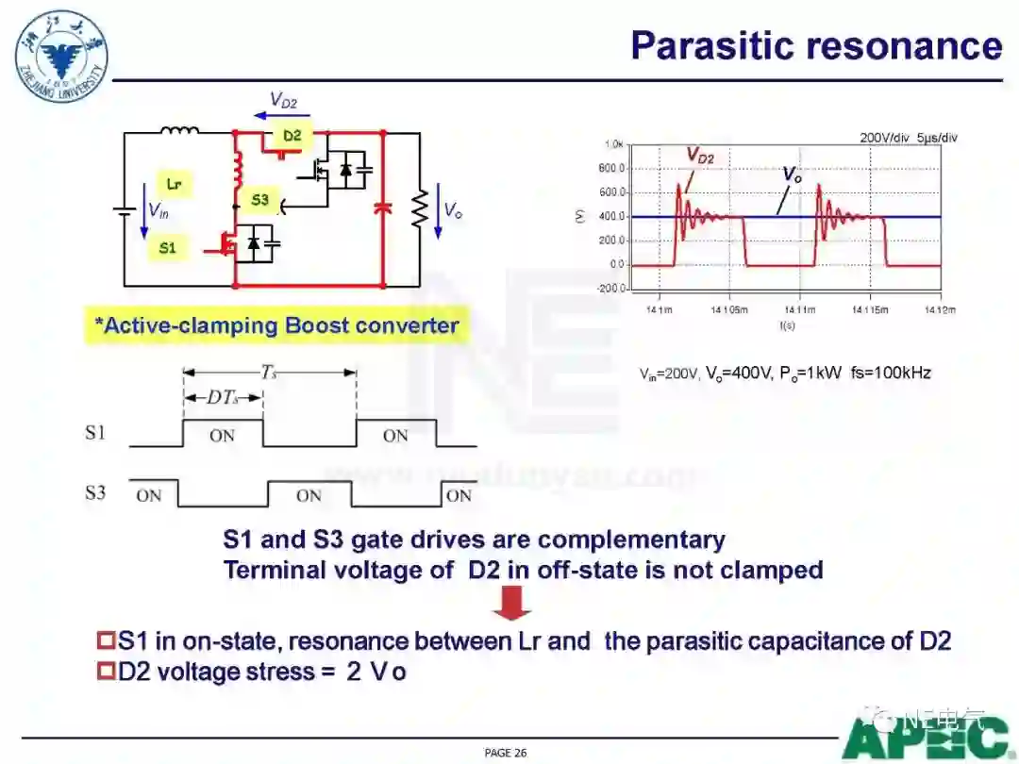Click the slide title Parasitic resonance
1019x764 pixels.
(815, 45)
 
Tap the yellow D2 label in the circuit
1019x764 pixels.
(292, 136)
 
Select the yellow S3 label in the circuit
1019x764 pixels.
(260, 200)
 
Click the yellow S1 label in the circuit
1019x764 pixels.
(167, 248)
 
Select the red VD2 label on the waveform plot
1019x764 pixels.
(700, 156)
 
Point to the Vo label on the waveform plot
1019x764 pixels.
(793, 174)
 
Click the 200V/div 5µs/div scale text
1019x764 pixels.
(909, 138)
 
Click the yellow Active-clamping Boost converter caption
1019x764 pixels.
(276, 326)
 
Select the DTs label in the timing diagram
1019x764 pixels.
(222, 398)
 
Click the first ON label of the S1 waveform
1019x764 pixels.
(222, 436)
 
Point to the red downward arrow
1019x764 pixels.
(511, 603)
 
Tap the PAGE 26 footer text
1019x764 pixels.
(505, 753)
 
